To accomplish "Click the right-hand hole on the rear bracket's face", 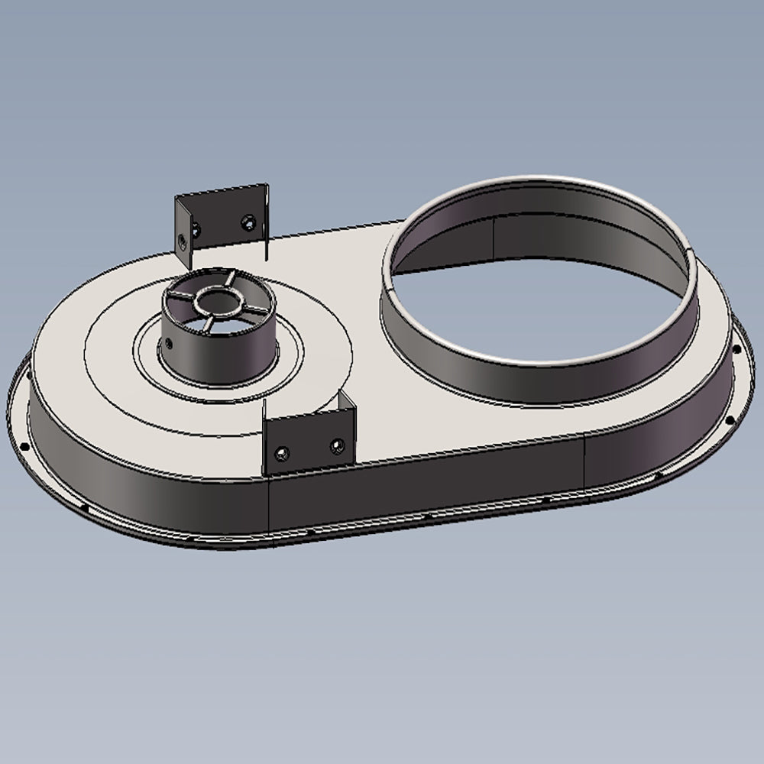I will pos(247,222).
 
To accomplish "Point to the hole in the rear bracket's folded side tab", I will pos(183,241).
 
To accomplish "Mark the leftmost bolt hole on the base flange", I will pos(24,446).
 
